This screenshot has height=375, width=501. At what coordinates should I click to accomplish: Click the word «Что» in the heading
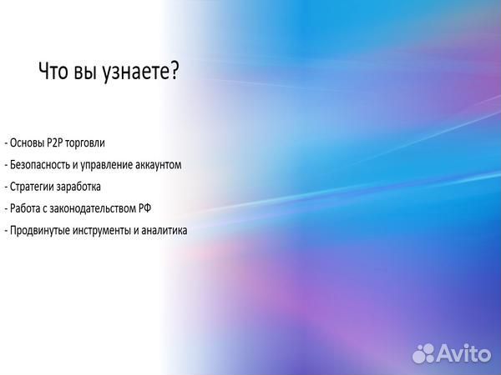click(53, 72)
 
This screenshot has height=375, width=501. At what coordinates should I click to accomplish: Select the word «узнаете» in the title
click(135, 73)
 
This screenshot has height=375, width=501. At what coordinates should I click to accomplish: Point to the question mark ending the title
click(175, 72)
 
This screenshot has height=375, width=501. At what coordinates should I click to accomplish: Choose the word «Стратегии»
click(32, 187)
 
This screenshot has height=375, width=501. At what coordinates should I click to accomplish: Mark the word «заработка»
click(78, 187)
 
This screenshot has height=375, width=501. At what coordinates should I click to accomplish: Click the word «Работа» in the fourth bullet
click(24, 208)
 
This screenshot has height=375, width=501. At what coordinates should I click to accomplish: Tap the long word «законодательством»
click(97, 208)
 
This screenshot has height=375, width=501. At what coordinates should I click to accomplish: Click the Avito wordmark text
click(467, 353)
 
